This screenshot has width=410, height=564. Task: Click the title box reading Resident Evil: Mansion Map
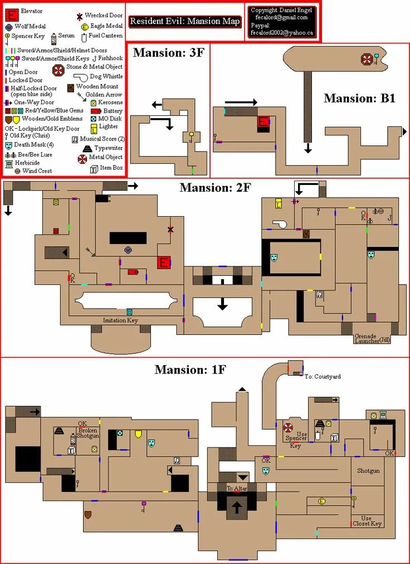(x=185, y=22)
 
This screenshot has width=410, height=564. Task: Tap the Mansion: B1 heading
(x=359, y=99)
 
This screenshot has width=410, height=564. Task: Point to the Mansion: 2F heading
(x=215, y=188)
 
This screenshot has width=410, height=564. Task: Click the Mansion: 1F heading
(x=190, y=369)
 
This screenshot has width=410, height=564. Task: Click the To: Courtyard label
(x=323, y=377)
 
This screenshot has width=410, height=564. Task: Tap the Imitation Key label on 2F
(x=120, y=320)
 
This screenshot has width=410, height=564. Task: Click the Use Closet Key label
(x=367, y=521)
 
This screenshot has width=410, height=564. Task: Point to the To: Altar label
(x=236, y=489)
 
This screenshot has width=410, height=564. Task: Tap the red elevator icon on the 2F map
(x=164, y=262)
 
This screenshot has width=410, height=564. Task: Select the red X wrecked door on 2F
(x=170, y=230)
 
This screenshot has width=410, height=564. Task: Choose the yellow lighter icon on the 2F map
(x=279, y=205)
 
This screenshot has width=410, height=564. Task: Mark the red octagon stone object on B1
(x=367, y=59)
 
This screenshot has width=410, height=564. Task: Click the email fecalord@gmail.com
(x=282, y=17)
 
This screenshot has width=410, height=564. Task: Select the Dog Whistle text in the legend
(x=105, y=76)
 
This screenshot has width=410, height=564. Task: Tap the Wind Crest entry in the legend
(x=37, y=171)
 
